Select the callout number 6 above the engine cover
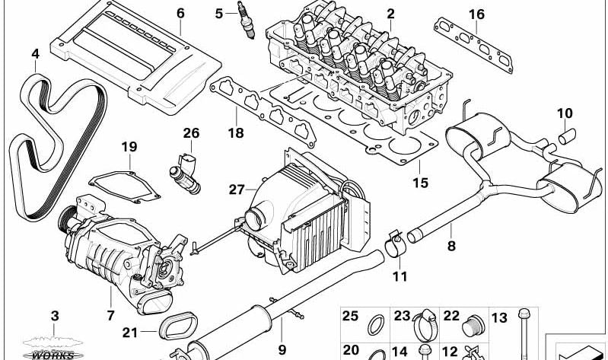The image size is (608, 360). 180,13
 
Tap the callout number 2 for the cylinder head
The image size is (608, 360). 390,13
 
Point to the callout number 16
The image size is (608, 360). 476,14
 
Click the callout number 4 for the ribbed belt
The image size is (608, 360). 35,53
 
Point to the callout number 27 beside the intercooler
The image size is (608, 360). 236,189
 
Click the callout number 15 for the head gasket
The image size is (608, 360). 420,183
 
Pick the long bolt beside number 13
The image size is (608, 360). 524,335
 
